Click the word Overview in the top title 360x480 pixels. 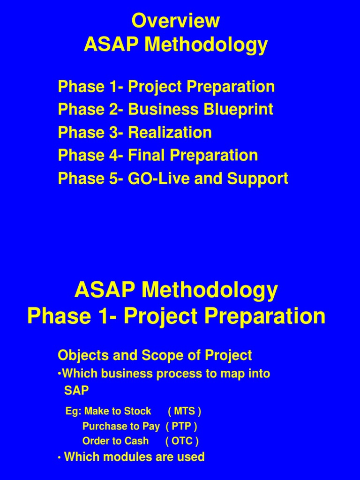pos(176,21)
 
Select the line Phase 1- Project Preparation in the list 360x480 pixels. pos(166,87)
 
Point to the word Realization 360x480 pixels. pos(170,133)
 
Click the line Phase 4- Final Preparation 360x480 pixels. pos(158,156)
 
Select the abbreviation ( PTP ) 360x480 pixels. pos(181,427)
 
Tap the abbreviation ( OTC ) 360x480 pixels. pos(182,442)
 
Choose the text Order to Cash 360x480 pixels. pos(115,442)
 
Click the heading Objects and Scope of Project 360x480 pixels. pos(155,355)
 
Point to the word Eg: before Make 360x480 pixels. pos(74,412)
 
